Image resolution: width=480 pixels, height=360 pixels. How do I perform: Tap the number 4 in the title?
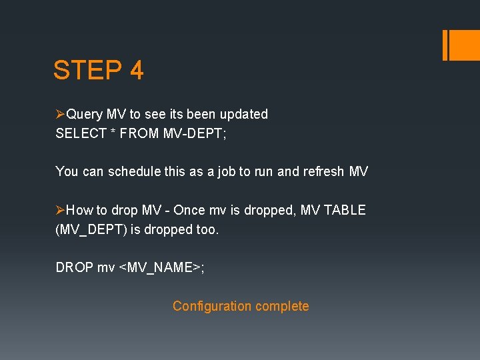pyautogui.click(x=137, y=70)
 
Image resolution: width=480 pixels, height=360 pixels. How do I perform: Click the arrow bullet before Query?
pyautogui.click(x=61, y=115)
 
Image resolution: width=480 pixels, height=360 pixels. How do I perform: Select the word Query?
pyautogui.click(x=84, y=114)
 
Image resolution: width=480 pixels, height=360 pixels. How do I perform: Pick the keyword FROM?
pyautogui.click(x=141, y=133)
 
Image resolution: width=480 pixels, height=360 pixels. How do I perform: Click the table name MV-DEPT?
pyautogui.click(x=196, y=133)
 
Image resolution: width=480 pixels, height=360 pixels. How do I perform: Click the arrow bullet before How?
pyautogui.click(x=61, y=211)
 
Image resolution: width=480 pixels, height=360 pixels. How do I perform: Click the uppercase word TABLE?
pyautogui.click(x=345, y=210)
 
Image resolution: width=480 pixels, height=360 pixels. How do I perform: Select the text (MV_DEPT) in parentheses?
pyautogui.click(x=87, y=230)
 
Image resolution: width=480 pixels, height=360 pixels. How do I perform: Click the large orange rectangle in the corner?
pyautogui.click(x=461, y=45)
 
